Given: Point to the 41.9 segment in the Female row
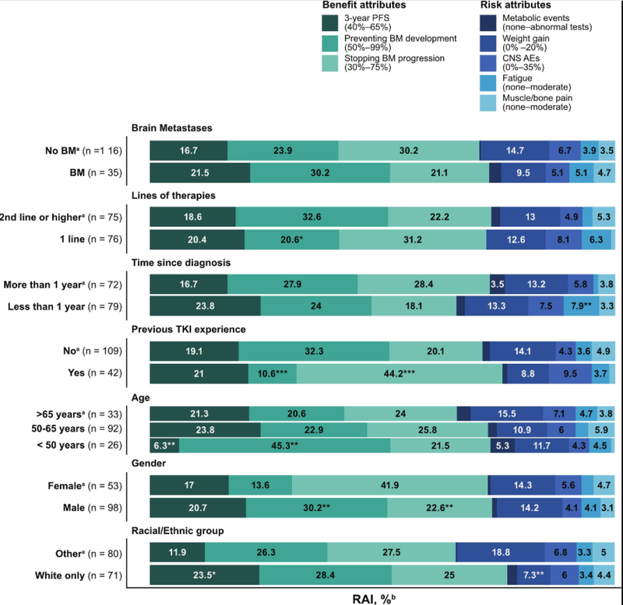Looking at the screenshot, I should (x=390, y=485).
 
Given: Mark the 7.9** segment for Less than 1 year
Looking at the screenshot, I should (x=583, y=306).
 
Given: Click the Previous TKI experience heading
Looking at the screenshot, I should (x=188, y=330).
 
